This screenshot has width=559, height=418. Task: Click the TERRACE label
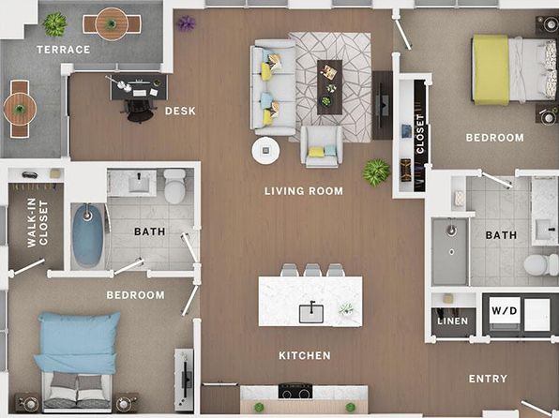click(x=64, y=50)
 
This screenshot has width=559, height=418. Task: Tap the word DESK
click(x=180, y=112)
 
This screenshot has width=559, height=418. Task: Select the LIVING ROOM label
click(x=304, y=191)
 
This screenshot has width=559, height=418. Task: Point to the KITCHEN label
click(x=305, y=355)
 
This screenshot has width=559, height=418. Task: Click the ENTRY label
click(x=488, y=379)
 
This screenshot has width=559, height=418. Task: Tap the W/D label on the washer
click(x=504, y=311)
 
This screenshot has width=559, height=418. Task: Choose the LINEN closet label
click(x=453, y=321)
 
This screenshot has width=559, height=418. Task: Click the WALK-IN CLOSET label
click(x=38, y=223)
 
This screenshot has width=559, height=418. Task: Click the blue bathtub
click(x=87, y=235)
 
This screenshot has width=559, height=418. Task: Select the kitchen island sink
click(x=311, y=313)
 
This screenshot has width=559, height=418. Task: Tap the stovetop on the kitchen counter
click(x=295, y=391)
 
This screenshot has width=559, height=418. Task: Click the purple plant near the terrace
click(x=186, y=23)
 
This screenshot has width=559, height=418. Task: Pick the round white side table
click(x=265, y=151)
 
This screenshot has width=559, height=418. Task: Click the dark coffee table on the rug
click(x=330, y=87)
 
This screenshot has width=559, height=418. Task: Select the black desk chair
click(x=140, y=111)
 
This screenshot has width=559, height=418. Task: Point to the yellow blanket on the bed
click(x=491, y=70)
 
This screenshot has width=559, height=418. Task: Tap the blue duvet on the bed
click(x=78, y=342)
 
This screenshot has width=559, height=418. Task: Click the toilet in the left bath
click(x=174, y=186)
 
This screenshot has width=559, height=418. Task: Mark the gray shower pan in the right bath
click(x=450, y=251)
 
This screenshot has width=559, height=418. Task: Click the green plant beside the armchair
click(x=376, y=172)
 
